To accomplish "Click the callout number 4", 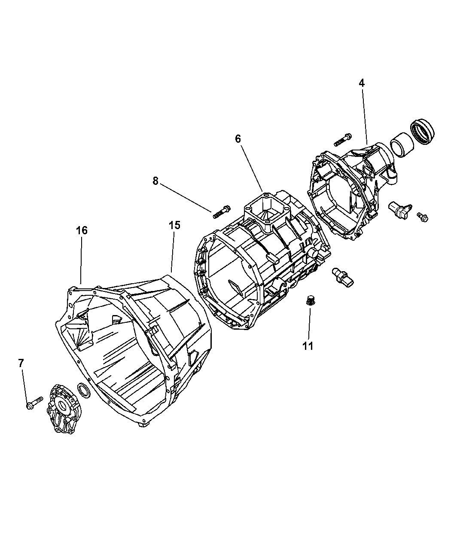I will click(362, 83).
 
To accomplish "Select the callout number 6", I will click(238, 138).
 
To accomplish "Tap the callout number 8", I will click(155, 181).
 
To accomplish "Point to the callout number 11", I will click(308, 346).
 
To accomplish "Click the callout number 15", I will click(174, 225).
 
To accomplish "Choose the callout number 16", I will click(82, 230).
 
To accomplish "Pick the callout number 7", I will click(21, 363).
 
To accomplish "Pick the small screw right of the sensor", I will click(423, 218).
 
